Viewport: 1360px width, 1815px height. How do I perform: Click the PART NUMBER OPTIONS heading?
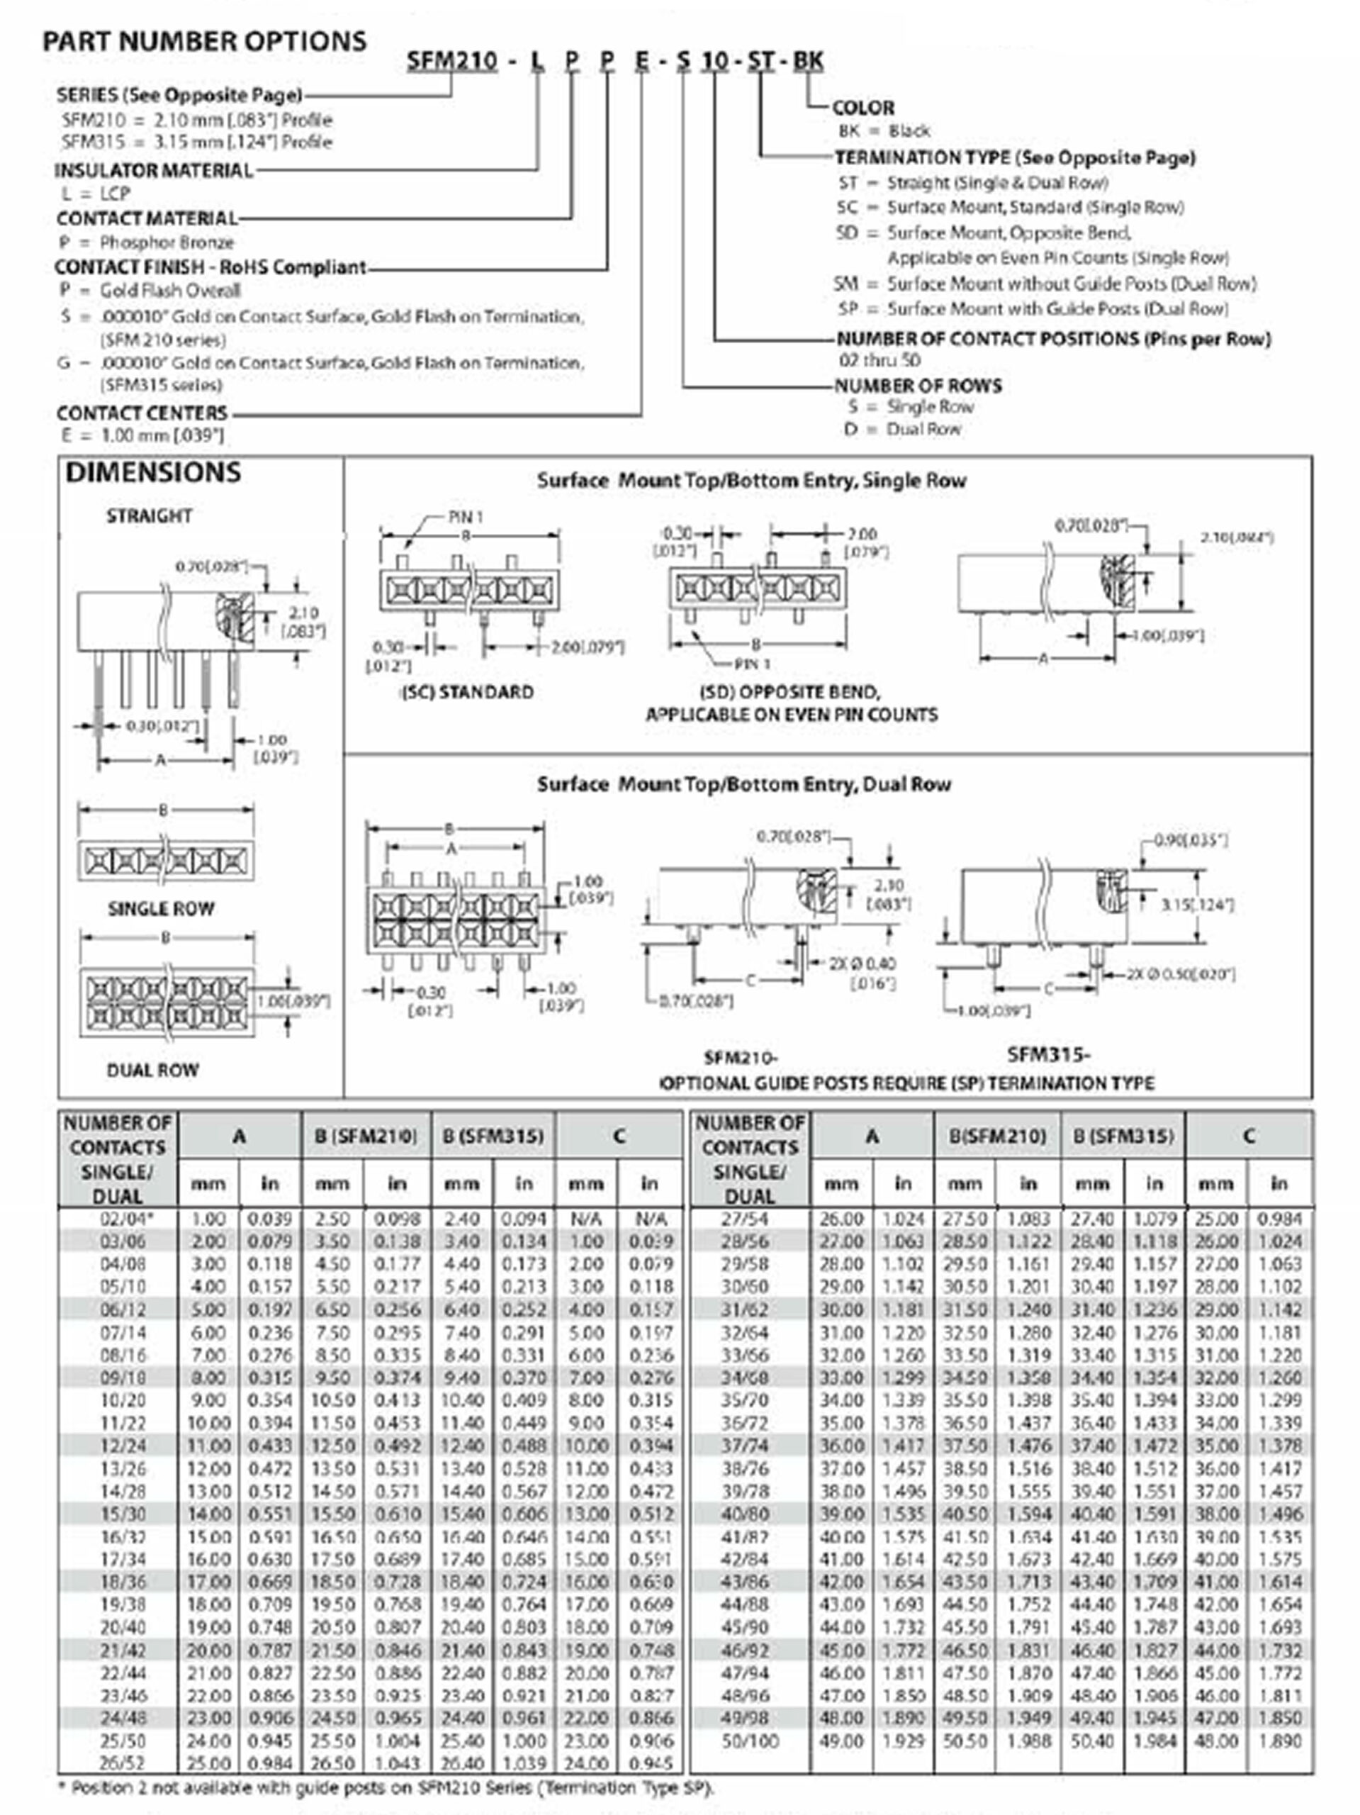click(204, 41)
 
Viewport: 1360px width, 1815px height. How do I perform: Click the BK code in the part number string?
click(808, 61)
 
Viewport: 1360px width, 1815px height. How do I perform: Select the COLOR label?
click(863, 108)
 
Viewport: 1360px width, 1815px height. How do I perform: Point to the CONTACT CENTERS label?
click(142, 413)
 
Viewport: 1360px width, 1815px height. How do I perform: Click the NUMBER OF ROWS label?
click(918, 386)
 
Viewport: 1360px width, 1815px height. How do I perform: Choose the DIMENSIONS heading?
click(153, 473)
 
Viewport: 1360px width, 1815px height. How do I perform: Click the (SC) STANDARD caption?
click(467, 692)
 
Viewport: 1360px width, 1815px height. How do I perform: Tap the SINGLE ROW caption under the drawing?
click(161, 908)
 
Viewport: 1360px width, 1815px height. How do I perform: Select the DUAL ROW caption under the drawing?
click(152, 1070)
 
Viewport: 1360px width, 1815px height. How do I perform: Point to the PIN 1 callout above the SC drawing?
click(466, 517)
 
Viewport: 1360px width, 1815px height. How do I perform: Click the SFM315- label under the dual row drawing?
click(1048, 1054)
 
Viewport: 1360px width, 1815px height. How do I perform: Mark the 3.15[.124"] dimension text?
click(1198, 905)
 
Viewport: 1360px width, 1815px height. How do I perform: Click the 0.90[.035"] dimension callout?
click(1191, 840)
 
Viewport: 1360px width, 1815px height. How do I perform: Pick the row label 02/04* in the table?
click(125, 1219)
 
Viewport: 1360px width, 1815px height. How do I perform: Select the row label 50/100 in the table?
click(750, 1741)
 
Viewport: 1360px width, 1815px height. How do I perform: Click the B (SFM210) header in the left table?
click(366, 1137)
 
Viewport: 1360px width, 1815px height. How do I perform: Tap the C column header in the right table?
click(1249, 1137)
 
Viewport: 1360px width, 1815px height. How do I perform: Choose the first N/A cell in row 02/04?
click(585, 1219)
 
